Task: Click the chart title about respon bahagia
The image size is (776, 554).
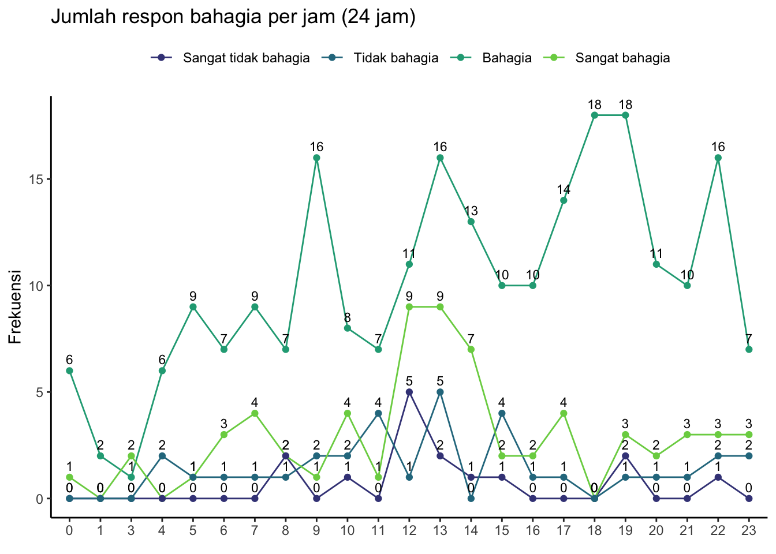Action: point(233,17)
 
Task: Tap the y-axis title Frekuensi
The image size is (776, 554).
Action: point(16,306)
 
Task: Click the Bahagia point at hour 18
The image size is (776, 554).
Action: point(595,115)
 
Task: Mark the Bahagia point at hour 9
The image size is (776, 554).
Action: point(316,158)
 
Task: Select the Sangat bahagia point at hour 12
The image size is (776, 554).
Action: point(409,307)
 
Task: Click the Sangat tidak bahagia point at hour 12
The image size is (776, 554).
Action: point(409,392)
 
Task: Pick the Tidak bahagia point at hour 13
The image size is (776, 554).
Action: point(440,392)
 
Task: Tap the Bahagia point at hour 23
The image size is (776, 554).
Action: point(749,349)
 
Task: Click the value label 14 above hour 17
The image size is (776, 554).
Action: point(564,189)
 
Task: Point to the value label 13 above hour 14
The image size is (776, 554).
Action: point(471,211)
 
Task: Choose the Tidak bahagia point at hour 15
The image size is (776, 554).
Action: point(502,413)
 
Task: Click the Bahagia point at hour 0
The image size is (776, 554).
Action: point(69,370)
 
